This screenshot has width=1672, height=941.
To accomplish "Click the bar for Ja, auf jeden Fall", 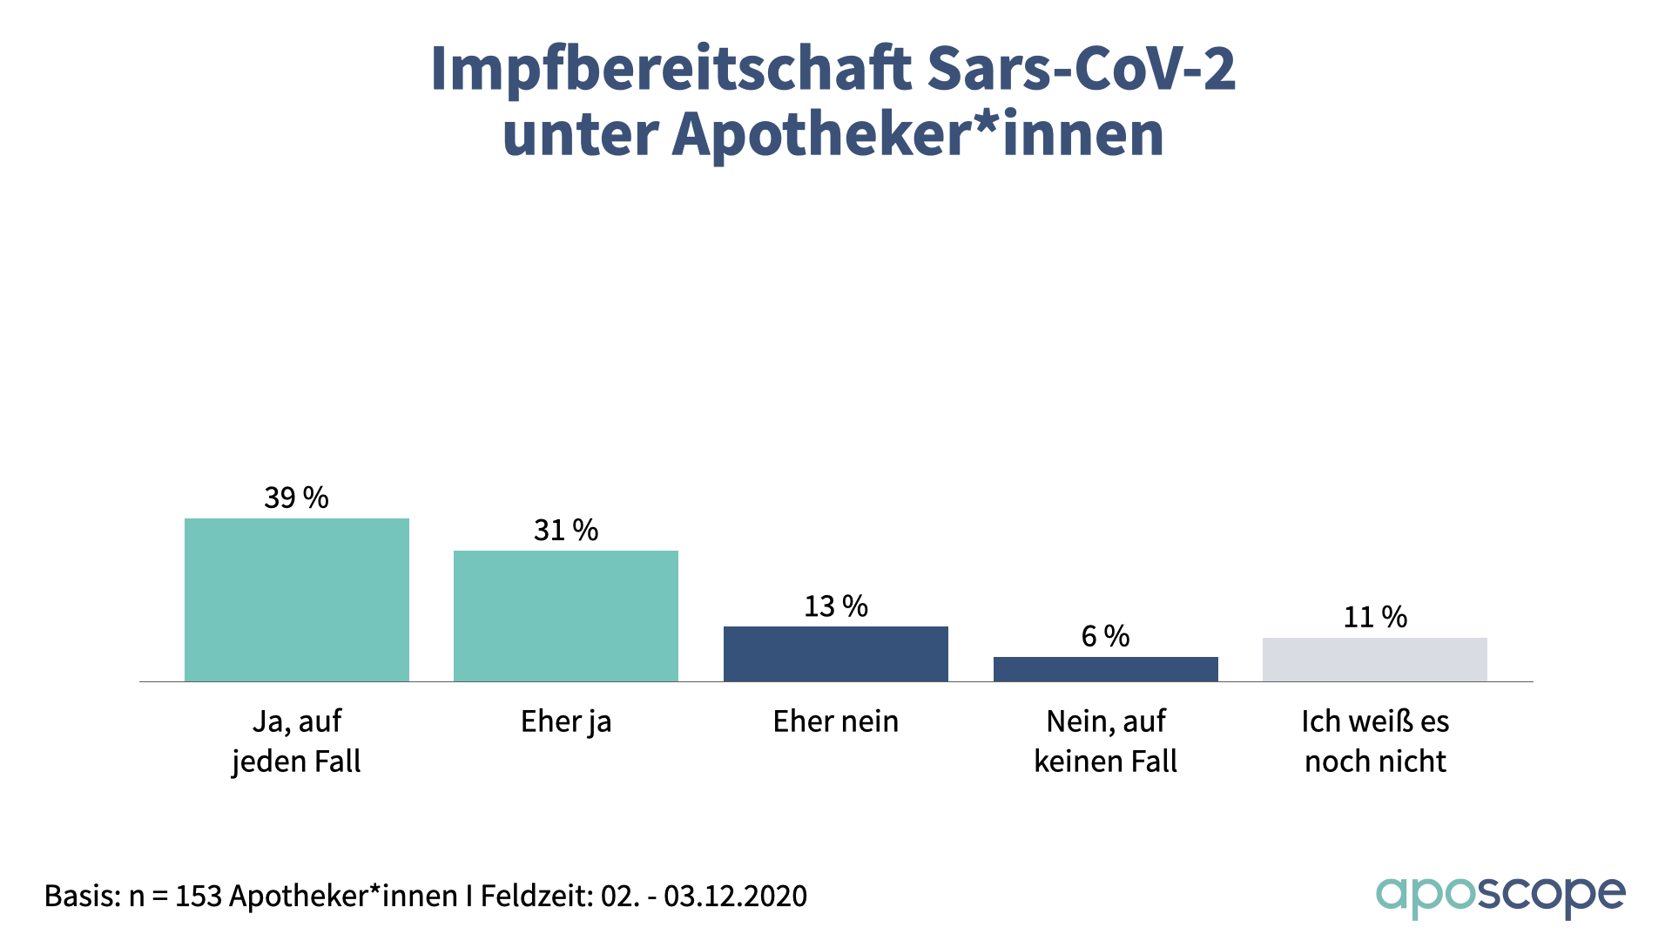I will (296, 599).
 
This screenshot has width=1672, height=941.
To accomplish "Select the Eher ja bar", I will (566, 615).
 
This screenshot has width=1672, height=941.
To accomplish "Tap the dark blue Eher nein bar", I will (836, 653).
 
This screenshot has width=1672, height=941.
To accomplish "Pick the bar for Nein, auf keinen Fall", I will (1105, 668).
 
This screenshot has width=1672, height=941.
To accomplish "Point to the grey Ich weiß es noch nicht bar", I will (1374, 659).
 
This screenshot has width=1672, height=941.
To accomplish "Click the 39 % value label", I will (296, 498).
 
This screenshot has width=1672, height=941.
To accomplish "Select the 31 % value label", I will (566, 530).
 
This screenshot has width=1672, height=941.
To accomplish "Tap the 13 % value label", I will (836, 606).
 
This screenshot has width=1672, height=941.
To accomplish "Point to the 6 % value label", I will (1105, 636).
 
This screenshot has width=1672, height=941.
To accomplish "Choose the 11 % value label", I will (1375, 617).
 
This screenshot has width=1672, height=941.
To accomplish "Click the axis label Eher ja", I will (566, 721).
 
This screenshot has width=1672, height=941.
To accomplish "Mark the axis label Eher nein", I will (836, 721).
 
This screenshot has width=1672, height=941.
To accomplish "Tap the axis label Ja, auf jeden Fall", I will (296, 741).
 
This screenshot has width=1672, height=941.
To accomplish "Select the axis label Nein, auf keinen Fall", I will (1105, 741).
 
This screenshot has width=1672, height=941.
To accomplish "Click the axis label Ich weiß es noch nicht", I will (1375, 741).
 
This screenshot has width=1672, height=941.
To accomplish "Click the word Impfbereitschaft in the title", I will (671, 68).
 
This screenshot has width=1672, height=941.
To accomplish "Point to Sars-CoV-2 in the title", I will (1081, 68).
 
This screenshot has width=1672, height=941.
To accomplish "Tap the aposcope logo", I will (1500, 896).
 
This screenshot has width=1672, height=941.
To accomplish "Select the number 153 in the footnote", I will (198, 896).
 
